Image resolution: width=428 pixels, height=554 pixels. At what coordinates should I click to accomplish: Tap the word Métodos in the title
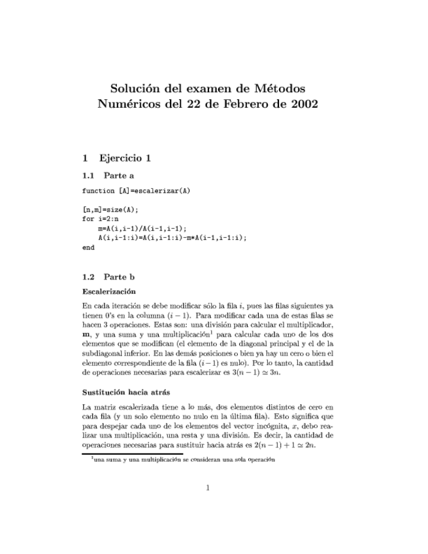pyautogui.click(x=280, y=88)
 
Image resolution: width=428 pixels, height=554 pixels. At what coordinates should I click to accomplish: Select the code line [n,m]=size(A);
pyautogui.click(x=110, y=210)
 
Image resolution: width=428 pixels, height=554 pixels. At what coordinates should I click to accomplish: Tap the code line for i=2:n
pyautogui.click(x=101, y=220)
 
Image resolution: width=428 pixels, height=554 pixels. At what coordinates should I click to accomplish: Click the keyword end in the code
pyautogui.click(x=88, y=248)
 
